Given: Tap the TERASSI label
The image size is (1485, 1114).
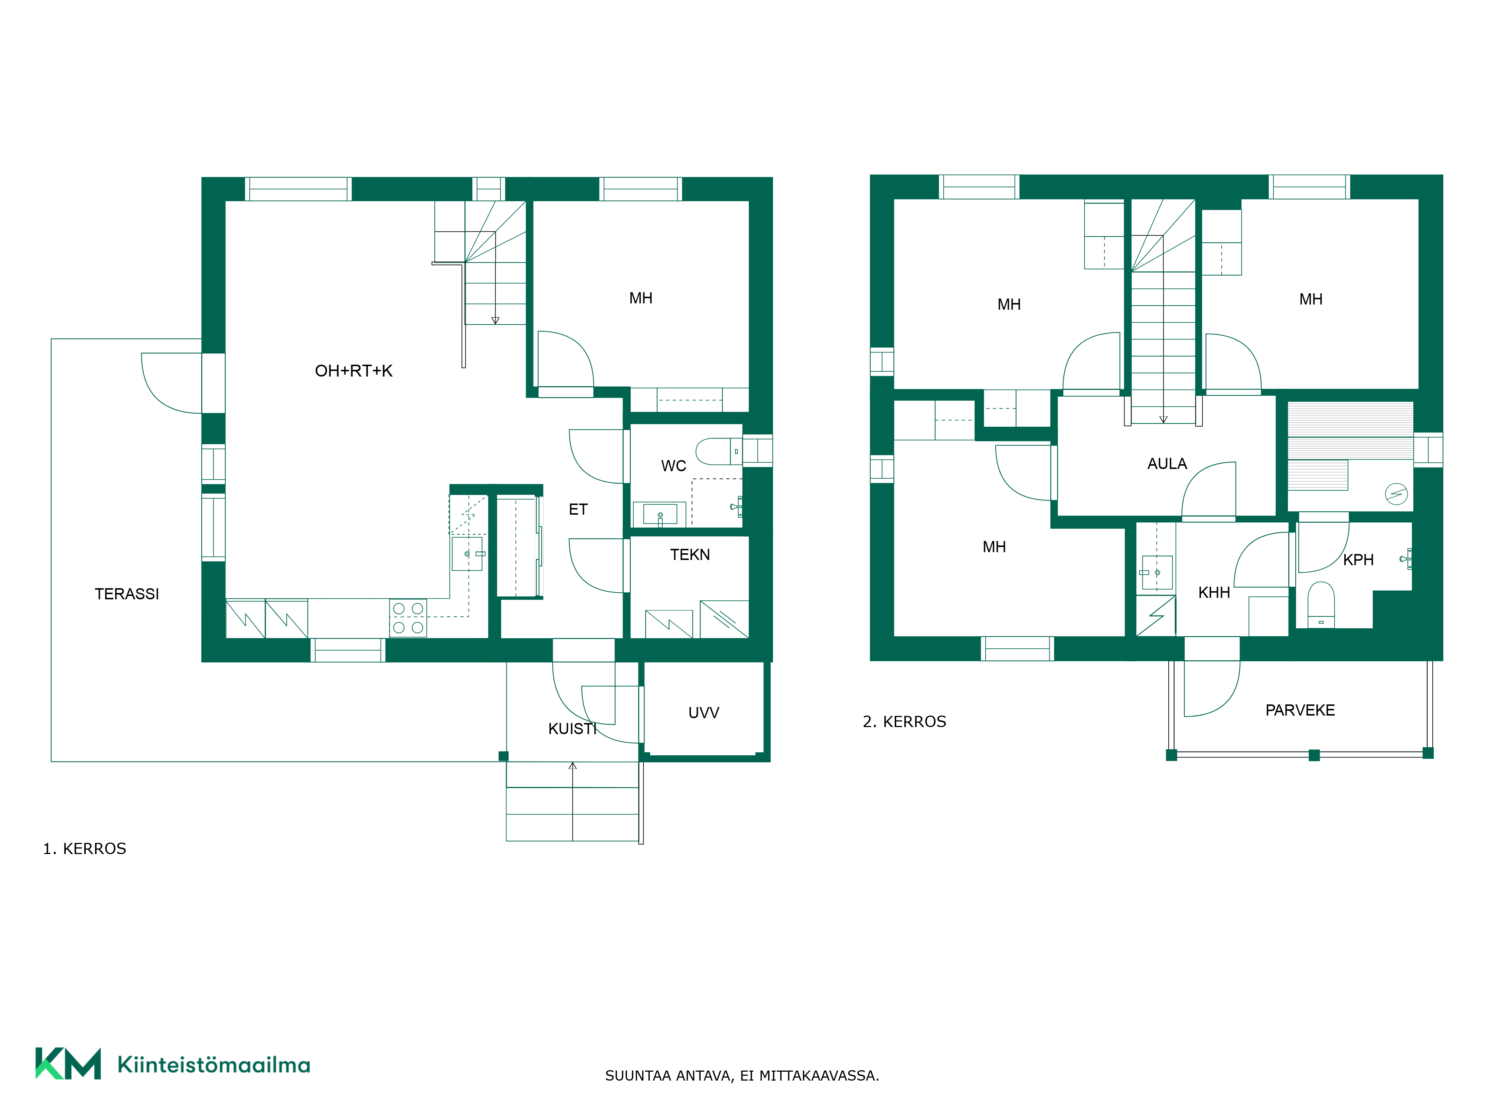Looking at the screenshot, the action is tap(127, 594).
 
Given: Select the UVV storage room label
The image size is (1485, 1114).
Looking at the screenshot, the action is tap(704, 713).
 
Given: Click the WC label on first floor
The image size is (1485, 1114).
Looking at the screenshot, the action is tap(673, 466).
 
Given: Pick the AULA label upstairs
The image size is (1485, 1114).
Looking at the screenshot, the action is tap(1167, 463).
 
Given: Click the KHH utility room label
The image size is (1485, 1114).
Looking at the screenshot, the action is tap(1214, 592).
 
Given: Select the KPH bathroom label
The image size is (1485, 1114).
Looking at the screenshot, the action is tap(1358, 559).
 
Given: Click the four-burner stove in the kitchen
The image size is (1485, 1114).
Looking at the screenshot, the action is tap(408, 618).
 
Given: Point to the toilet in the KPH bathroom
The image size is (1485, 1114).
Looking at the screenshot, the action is tap(1321, 604).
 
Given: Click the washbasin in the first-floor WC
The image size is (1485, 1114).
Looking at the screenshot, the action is tap(660, 514).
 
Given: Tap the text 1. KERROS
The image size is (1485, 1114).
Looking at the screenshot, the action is tap(85, 849).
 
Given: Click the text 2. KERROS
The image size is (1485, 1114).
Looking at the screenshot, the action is tap(904, 722).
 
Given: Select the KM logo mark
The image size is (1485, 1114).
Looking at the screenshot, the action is tap(68, 1063).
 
